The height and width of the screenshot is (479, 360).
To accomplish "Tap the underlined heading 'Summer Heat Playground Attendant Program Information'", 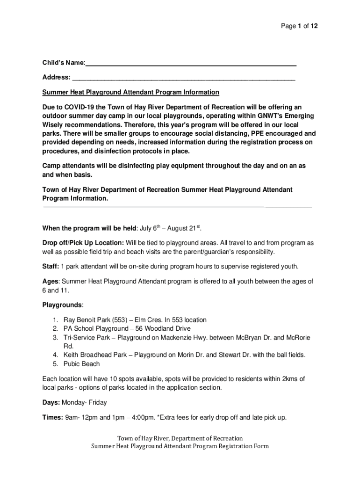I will pyautogui.click(x=130, y=92).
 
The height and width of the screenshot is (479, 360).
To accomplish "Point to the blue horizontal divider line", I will pyautogui.click(x=177, y=206).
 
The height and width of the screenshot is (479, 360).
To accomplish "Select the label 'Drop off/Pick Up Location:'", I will pyautogui.click(x=83, y=243).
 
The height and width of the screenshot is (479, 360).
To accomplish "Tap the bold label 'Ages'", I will pyautogui.click(x=50, y=281).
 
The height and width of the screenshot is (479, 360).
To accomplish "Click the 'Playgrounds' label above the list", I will pyautogui.click(x=62, y=305).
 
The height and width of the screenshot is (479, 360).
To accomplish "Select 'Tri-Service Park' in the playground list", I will pyautogui.click(x=86, y=337).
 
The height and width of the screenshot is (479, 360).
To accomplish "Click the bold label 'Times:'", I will pyautogui.click(x=52, y=417).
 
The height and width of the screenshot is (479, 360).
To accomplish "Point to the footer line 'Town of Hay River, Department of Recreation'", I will pyautogui.click(x=180, y=438).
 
